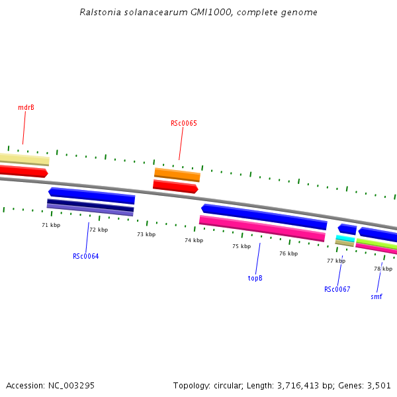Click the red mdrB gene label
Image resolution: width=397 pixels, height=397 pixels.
point(26,107)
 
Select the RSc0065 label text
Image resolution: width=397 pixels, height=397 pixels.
point(184,123)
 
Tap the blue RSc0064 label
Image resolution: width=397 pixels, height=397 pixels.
point(86,256)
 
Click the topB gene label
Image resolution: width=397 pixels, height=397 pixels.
point(255,278)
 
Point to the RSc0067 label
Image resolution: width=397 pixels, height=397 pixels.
point(337,289)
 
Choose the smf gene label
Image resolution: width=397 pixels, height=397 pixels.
point(376,296)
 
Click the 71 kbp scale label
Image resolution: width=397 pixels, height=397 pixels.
point(51,225)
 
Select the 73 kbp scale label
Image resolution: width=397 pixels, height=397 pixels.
point(146,234)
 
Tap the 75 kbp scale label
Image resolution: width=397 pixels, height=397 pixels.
point(242,246)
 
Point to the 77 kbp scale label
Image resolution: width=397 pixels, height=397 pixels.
point(336,261)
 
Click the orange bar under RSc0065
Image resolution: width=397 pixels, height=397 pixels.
point(177,175)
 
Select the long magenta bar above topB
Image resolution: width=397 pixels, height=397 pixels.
point(262,228)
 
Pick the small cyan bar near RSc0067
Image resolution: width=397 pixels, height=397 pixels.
point(345,238)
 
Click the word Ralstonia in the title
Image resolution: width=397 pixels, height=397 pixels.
point(99,12)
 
